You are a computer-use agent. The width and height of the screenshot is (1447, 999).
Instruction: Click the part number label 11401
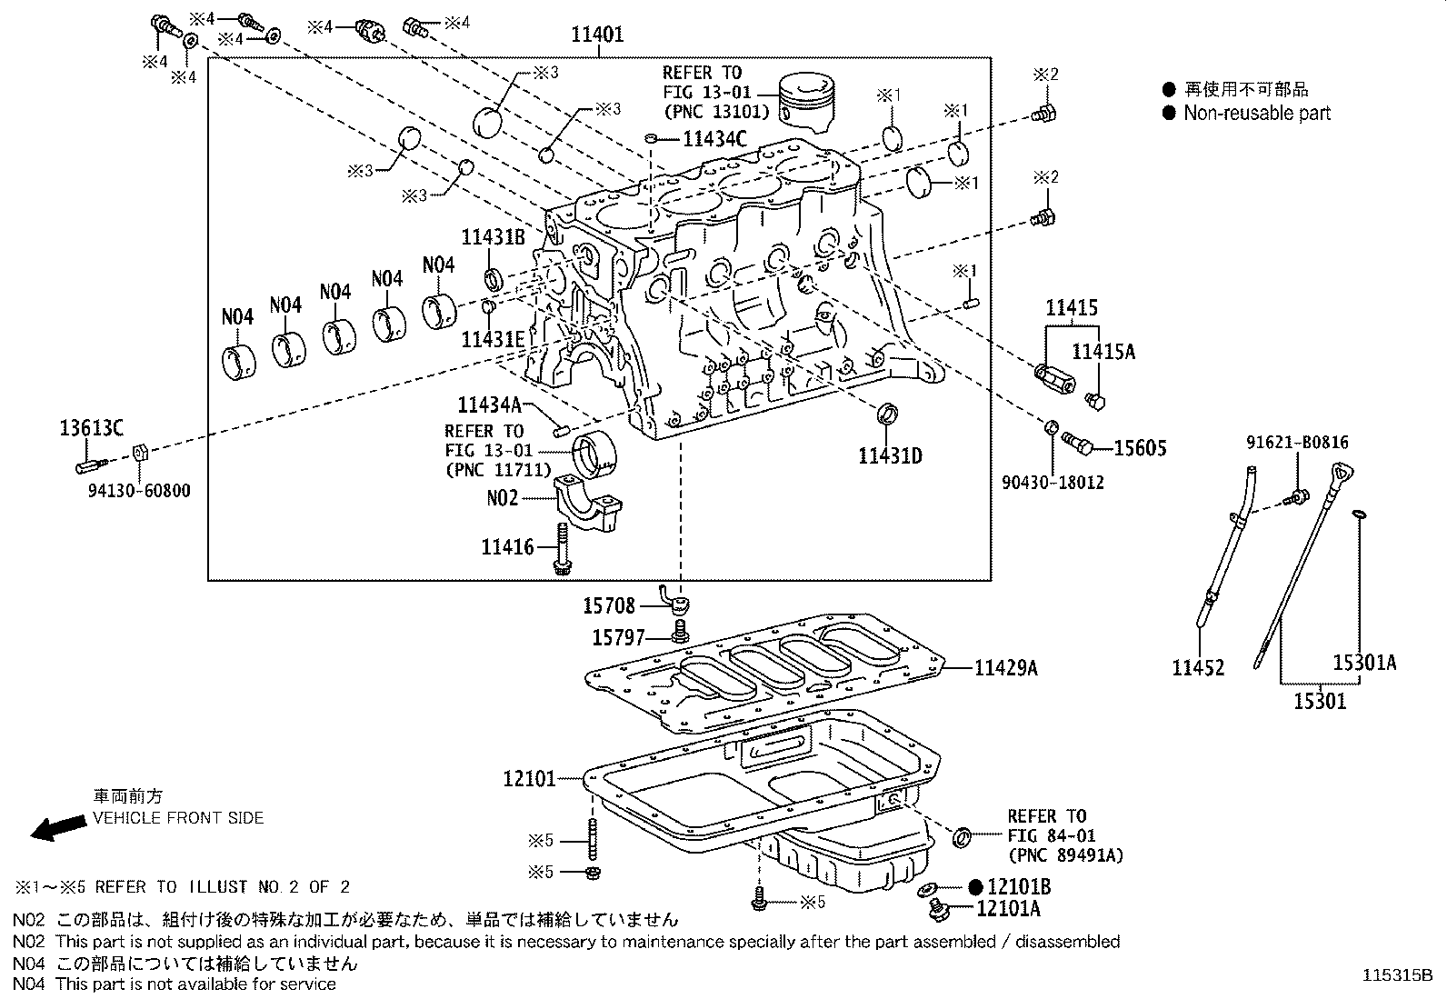point(597,35)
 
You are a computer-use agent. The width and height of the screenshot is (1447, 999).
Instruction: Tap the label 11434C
point(714,139)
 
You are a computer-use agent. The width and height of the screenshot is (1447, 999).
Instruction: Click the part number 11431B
point(493,237)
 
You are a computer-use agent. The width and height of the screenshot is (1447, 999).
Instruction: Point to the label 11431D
point(890,455)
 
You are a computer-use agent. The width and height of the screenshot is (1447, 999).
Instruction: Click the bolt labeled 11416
point(562,548)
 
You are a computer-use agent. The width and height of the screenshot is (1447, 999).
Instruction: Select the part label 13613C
point(92,427)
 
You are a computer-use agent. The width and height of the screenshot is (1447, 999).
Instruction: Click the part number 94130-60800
point(139,491)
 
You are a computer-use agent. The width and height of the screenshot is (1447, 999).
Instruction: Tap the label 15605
point(1140,447)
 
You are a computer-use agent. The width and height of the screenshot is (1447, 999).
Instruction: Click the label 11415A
point(1103,352)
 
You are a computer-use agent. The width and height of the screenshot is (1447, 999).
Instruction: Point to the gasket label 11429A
point(1005,668)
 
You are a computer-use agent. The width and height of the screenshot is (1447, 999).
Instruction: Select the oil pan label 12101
point(528,779)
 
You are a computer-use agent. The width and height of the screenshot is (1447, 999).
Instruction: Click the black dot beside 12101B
point(975,886)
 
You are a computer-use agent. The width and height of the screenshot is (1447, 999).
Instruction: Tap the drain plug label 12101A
point(1008,908)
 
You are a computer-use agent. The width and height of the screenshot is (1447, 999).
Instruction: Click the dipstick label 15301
point(1320,701)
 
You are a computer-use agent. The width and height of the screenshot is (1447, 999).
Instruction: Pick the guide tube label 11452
point(1198,668)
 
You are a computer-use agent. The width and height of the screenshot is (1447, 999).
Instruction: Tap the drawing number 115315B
point(1396,976)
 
